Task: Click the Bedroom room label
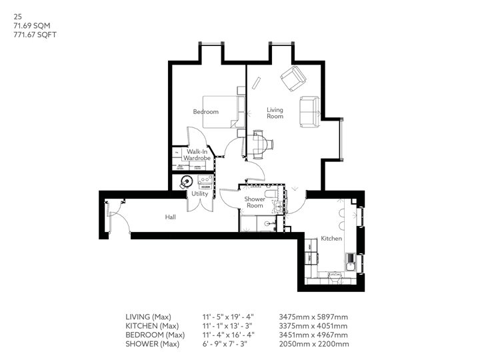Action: click(x=206, y=112)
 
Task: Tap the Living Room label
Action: click(x=275, y=113)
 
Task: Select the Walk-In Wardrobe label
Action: click(x=197, y=155)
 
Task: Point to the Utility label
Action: click(x=199, y=193)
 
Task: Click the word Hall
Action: click(x=171, y=217)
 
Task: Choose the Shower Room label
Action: click(x=255, y=203)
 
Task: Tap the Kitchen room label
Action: click(x=331, y=238)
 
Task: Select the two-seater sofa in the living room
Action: click(x=309, y=111)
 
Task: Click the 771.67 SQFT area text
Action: click(x=28, y=34)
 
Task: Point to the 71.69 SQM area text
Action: click(x=27, y=25)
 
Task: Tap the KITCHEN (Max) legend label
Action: click(x=153, y=325)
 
